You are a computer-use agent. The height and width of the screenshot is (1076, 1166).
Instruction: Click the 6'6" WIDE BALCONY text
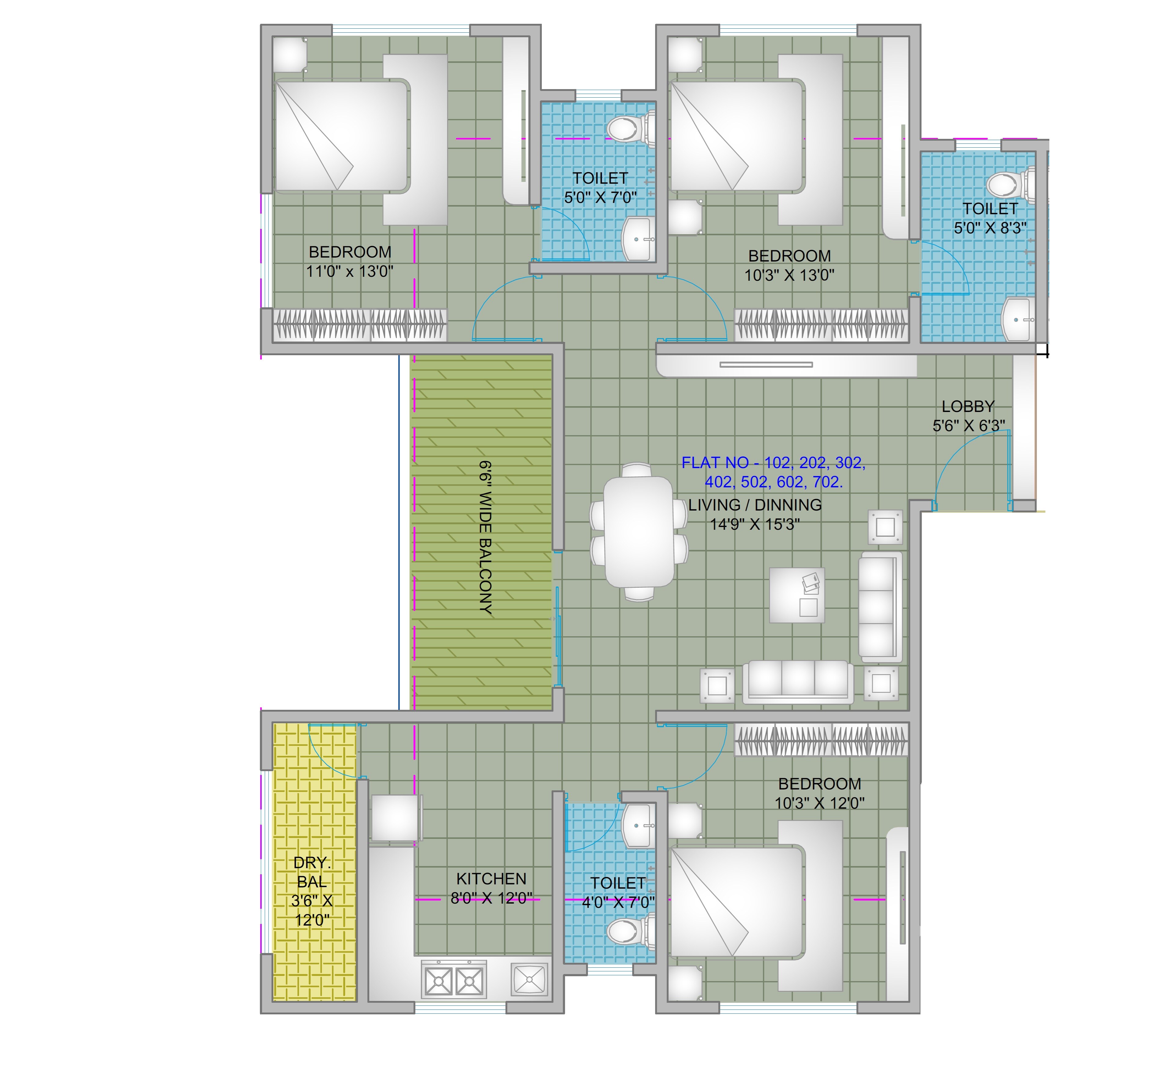pyautogui.click(x=485, y=537)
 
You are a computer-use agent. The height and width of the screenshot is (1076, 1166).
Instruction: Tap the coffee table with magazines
pyautogui.click(x=796, y=595)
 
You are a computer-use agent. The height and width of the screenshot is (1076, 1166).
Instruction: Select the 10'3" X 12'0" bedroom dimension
pyautogui.click(x=819, y=803)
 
